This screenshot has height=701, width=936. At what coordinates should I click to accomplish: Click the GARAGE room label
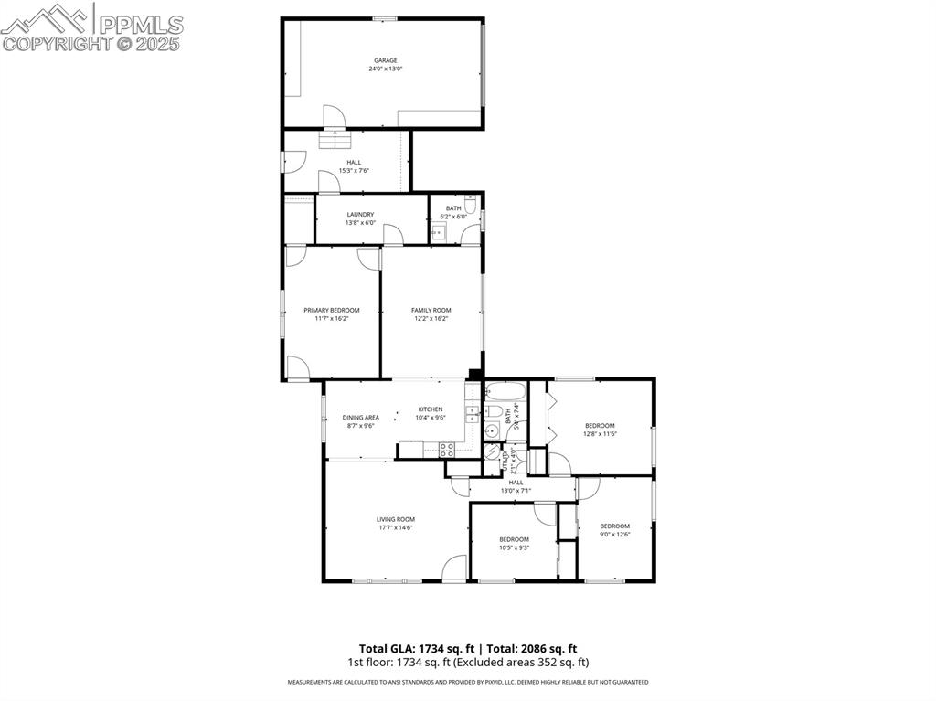pos(385,60)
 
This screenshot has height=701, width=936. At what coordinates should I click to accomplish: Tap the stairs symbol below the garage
pos(335,140)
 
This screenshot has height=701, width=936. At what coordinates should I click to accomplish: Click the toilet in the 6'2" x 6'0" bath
pos(470,205)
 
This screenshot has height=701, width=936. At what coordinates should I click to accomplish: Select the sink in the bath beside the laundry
pos(438,233)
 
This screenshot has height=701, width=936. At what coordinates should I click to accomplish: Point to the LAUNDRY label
pos(360,215)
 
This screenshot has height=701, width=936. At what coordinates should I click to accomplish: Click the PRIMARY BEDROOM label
pos(331,310)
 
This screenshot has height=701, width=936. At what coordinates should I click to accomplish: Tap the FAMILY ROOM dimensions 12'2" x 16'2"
pos(431,319)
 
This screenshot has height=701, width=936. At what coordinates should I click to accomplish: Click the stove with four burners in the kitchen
pos(447,449)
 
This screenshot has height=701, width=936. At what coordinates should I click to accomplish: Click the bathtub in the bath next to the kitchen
pos(504,393)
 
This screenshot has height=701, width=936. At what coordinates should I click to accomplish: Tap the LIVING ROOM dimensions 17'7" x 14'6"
pos(395,528)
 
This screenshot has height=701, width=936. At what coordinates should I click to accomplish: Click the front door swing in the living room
pos(453,568)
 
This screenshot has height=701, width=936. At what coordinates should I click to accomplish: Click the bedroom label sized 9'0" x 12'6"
pos(614,526)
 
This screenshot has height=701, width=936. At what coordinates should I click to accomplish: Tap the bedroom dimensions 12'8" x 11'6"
pos(600,434)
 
